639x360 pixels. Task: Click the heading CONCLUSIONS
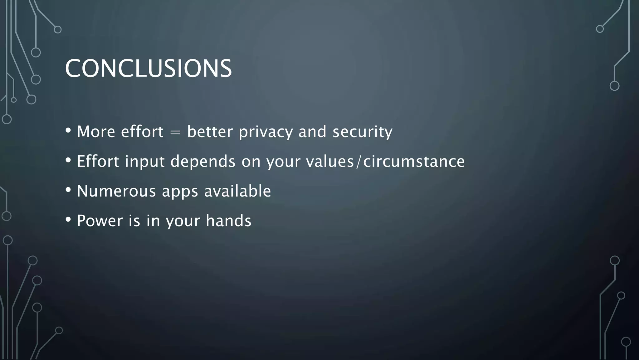point(149,68)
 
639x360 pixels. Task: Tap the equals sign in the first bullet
point(175,132)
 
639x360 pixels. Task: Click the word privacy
point(266,132)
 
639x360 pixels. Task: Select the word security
point(362,132)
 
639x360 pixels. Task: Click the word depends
point(203,161)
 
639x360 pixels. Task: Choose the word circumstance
point(414,161)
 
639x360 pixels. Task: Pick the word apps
point(180,192)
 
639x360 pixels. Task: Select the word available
point(237,191)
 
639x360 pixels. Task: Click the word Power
point(100,221)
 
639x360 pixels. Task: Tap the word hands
point(228,221)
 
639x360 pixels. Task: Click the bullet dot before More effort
point(68,130)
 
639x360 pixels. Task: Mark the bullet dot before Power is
point(68,219)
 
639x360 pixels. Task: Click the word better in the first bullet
point(210,132)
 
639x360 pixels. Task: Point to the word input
point(144,161)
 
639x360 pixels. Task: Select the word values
point(330,161)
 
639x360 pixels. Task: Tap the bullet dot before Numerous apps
point(68,190)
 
